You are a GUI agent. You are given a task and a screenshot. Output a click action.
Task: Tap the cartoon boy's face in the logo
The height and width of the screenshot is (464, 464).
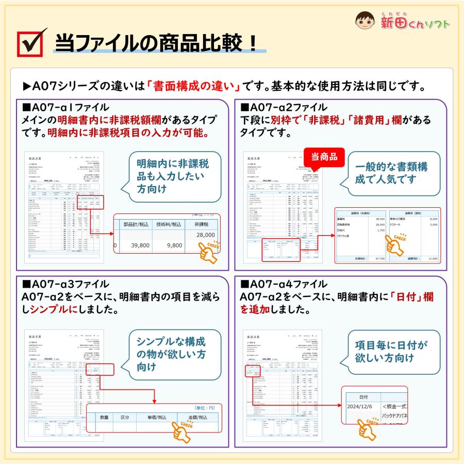367,21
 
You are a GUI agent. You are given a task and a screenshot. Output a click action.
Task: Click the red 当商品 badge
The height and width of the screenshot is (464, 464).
323,157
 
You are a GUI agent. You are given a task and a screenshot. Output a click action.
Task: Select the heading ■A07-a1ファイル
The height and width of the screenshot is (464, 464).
65,108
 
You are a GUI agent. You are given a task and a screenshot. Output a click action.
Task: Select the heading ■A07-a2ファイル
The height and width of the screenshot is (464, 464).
284,108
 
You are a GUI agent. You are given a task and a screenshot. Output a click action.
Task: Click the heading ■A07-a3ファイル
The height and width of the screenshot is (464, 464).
65,284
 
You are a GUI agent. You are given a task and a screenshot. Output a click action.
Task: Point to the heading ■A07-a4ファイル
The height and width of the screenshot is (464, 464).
284,284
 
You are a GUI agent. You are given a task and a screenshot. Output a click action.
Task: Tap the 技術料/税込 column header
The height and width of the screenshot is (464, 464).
169,224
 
